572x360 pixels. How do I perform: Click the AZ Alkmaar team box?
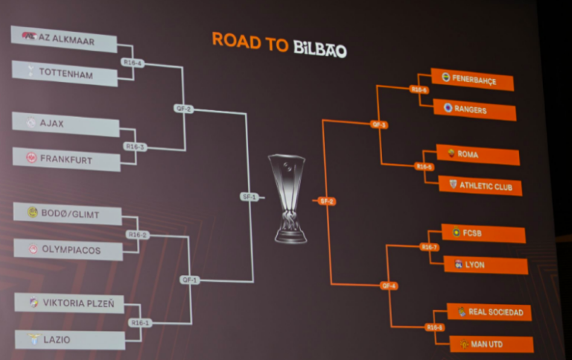click(64, 40)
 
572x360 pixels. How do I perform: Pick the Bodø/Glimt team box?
click(68, 213)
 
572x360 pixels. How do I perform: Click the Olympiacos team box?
click(69, 250)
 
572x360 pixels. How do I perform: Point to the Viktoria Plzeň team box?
click(69, 303)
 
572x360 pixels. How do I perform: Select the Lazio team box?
click(70, 340)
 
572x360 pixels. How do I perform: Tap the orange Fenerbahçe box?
click(473, 80)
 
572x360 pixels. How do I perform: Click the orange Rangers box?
click(474, 110)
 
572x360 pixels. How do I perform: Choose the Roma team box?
click(477, 155)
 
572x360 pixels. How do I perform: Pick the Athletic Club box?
click(480, 186)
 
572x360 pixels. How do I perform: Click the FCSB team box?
click(483, 233)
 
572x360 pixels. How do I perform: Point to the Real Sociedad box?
click(489, 312)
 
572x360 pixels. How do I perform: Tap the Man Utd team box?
click(492, 344)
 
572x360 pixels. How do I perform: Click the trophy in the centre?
click(287, 198)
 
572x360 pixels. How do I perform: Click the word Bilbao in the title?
click(319, 48)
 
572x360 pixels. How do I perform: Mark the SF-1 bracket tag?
click(249, 197)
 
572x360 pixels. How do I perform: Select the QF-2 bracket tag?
click(183, 108)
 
